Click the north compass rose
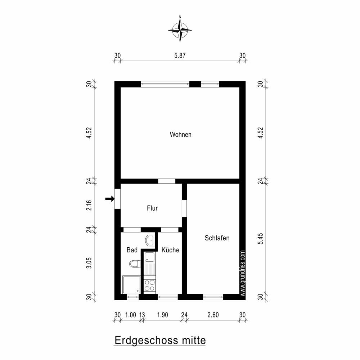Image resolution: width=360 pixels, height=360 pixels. point(180,30)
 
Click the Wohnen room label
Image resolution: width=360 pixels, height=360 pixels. point(180,134)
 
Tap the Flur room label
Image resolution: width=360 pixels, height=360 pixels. point(152,208)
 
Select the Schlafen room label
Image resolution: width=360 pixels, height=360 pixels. point(217,238)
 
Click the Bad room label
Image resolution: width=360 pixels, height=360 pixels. point(132,250)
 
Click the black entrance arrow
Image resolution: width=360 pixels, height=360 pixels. point(110,199)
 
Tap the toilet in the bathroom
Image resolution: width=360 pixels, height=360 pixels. point(135,264)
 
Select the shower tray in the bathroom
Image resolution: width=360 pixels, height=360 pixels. point(131,284)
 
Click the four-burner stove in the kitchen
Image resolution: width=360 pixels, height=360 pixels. point(149,285)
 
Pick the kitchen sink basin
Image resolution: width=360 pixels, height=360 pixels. point(149,256)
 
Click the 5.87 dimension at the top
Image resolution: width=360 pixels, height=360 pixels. point(180,55)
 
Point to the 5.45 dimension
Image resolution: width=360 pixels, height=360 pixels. point(260,239)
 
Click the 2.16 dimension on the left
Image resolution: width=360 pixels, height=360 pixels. point(89,205)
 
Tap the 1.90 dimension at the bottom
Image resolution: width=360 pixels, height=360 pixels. point(163,315)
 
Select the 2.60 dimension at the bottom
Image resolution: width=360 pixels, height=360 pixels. point(213,315)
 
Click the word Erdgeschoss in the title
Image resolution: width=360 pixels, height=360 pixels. point(146,340)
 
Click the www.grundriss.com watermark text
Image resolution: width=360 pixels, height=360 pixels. point(243,273)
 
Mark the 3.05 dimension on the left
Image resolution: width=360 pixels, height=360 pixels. point(89,263)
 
